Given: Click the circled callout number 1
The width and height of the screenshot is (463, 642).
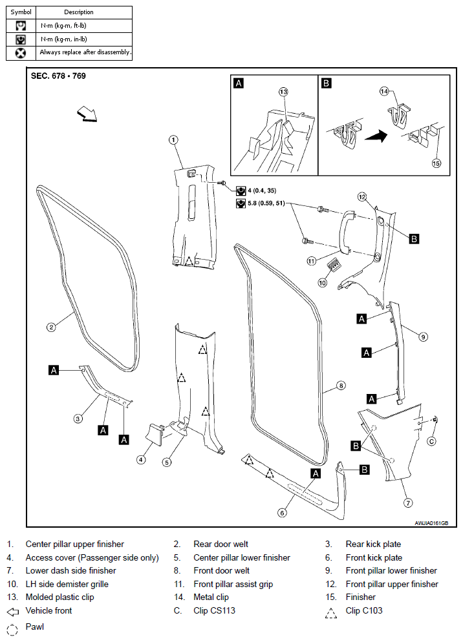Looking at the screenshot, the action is coord(173,140).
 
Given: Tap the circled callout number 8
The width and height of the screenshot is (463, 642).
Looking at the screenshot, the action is coord(341,386).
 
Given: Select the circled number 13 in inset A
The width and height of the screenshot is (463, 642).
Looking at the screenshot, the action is coord(283,92).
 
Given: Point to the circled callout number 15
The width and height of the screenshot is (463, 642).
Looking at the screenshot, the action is coord(436,163).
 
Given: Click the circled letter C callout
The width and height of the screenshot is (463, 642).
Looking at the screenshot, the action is coord(431,441).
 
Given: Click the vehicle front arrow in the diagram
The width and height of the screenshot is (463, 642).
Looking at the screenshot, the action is coord(87,114).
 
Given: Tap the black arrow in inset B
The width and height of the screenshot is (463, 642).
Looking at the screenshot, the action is coord(376,136).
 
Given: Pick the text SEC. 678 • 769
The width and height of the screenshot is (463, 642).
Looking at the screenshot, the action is coord(58,76).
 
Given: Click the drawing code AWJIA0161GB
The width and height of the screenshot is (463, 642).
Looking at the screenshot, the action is coord(431,523).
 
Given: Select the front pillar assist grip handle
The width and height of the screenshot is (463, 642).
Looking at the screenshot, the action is coord(345,231).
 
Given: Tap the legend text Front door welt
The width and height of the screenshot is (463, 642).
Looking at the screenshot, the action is coord(221,570).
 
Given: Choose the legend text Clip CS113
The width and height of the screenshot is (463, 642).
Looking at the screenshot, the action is coord(215,610).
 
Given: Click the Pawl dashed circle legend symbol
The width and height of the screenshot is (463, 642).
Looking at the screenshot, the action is coord(13,629).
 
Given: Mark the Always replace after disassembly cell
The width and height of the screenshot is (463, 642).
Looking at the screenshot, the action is coord(84,52).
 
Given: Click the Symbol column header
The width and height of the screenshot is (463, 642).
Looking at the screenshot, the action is coord(21,12).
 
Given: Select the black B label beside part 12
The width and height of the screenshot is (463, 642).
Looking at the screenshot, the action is coord(415,239).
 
